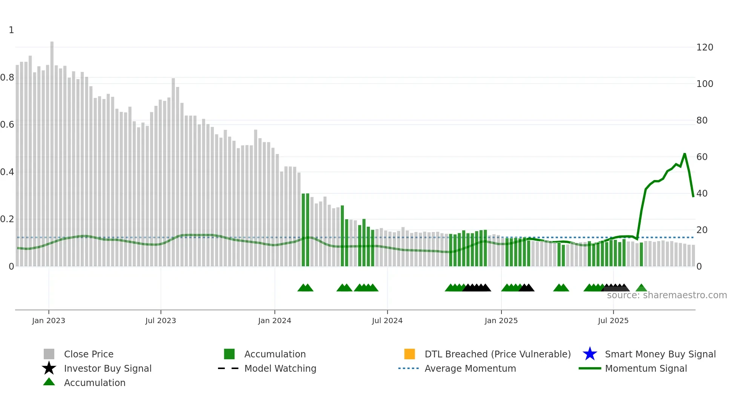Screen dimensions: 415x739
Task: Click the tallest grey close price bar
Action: coord(52,151)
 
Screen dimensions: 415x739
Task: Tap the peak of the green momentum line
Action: coord(684,154)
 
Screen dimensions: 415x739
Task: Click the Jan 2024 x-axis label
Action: coord(274,320)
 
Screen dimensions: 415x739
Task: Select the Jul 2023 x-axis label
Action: coord(161,320)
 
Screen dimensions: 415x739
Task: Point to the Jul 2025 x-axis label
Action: coord(613,320)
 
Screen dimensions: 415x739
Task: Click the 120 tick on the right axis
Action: coord(704,47)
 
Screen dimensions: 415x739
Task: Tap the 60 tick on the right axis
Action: coord(702,157)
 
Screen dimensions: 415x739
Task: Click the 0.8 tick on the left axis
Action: coord(7,78)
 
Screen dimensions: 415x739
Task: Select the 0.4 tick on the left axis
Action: coord(7,172)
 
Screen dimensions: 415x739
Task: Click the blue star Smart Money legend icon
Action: coord(590,354)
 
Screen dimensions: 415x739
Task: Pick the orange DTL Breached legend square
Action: coord(409,354)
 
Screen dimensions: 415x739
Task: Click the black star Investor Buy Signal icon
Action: coord(49,368)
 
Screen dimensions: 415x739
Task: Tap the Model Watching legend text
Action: coord(280,368)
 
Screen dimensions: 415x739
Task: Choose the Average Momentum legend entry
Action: coord(470,368)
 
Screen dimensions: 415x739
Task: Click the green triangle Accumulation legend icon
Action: coord(49,382)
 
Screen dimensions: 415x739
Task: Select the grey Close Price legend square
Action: coord(49,354)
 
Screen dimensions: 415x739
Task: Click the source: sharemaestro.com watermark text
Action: coord(667,295)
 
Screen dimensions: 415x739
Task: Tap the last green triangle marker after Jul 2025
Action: coord(641,288)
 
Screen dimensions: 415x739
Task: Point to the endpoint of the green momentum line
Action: coord(693,197)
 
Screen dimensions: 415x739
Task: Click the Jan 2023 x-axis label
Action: coord(49,320)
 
